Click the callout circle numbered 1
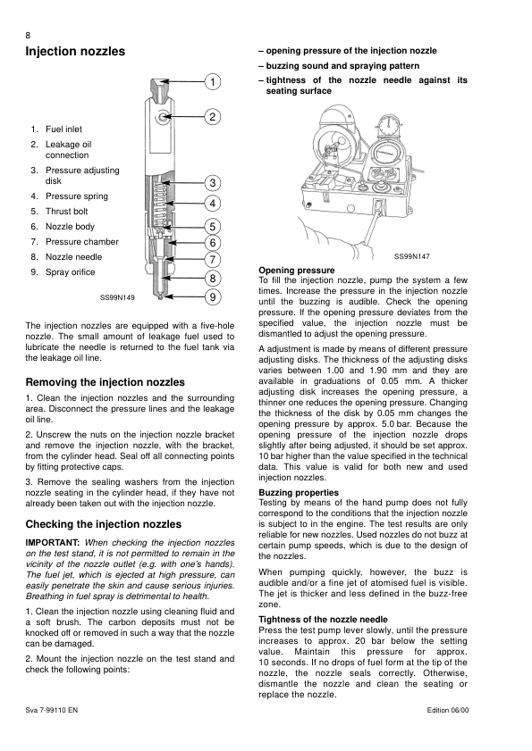pos(213,82)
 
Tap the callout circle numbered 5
pos(213,227)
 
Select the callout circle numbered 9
pos(213,297)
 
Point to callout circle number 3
pos(213,183)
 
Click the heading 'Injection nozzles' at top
pos(75,52)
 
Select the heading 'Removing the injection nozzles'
pos(105,382)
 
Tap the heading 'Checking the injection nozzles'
pos(104,524)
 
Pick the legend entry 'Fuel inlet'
pos(63,129)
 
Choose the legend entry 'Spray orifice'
pos(71,272)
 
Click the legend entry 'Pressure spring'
pos(77,196)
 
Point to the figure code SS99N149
pos(117,297)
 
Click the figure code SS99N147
pos(412,256)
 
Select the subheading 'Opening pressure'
pos(297,271)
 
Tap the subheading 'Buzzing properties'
pos(299,492)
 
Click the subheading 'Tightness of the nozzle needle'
pos(323,620)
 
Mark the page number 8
pos(28,36)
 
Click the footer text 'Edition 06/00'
pos(448,710)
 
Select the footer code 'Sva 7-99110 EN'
pos(51,710)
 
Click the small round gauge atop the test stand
pos(389,126)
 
